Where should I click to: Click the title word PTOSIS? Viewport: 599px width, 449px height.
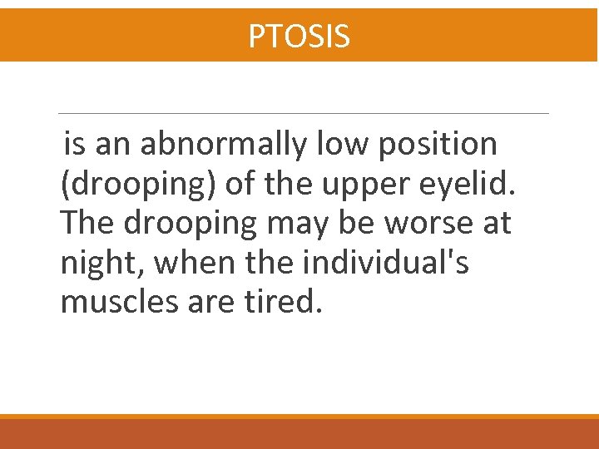299,36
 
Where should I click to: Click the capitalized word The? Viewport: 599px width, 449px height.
88,224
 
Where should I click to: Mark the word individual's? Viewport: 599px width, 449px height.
385,264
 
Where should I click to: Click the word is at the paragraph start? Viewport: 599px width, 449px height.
74,145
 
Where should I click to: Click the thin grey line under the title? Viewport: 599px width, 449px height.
304,113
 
